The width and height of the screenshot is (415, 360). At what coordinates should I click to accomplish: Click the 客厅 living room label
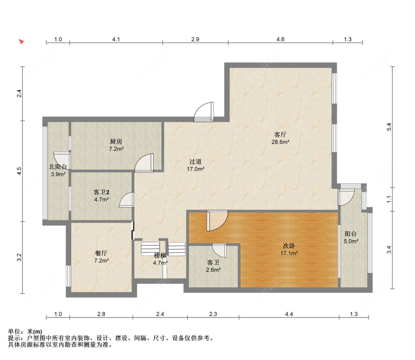(x=280, y=134)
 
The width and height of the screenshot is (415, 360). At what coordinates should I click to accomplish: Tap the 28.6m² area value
(x=280, y=142)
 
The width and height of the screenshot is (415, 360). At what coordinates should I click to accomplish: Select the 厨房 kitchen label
(x=116, y=142)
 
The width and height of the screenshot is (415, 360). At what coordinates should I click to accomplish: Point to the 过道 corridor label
(x=196, y=162)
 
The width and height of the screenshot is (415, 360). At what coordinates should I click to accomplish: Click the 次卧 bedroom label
(x=289, y=246)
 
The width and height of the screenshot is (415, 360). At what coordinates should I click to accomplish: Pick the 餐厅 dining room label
(x=101, y=253)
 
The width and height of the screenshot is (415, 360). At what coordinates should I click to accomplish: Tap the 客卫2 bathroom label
(x=101, y=192)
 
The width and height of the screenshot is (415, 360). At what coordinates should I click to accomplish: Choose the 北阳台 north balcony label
(x=58, y=167)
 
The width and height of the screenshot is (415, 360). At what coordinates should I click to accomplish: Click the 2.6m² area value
(x=213, y=270)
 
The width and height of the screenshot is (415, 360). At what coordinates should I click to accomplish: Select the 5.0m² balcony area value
(x=351, y=241)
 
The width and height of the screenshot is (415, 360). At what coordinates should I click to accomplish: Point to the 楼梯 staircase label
(x=160, y=256)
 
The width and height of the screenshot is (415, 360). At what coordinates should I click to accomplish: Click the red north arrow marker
(x=21, y=41)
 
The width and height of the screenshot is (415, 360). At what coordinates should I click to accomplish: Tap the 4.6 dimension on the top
(x=281, y=40)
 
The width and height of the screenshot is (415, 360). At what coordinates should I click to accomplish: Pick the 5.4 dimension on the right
(x=389, y=127)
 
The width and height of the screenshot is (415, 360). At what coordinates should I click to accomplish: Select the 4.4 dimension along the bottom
(x=289, y=314)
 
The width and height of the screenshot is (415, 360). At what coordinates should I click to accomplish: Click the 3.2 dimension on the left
(x=19, y=257)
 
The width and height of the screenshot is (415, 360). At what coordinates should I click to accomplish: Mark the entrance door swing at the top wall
(x=204, y=112)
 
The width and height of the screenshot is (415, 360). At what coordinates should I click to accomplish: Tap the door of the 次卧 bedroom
(x=217, y=221)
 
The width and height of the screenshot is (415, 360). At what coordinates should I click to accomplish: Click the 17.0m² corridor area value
(x=196, y=169)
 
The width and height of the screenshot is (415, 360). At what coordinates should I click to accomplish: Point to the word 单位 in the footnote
(x=14, y=332)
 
